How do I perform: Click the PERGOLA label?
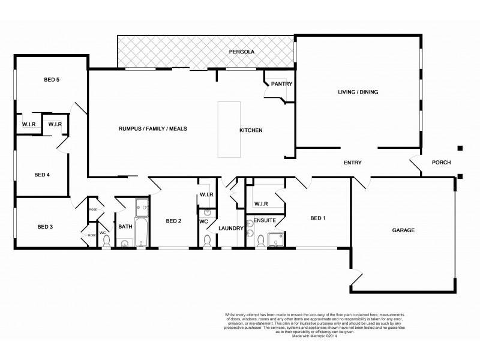[242, 52]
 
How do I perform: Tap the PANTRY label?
[281, 84]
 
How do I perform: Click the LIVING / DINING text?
[358, 92]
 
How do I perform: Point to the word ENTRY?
[352, 163]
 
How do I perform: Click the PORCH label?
[441, 163]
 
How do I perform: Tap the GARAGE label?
[403, 230]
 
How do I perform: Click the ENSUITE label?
[265, 221]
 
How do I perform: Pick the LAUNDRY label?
[230, 228]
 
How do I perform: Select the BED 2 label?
[173, 221]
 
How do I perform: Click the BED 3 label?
[46, 226]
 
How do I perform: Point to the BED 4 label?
[41, 175]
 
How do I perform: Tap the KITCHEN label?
[251, 130]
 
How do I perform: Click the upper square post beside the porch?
[460, 148]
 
